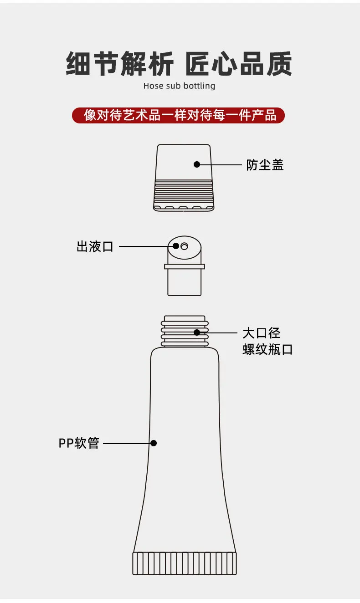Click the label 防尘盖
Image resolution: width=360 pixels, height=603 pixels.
coord(265,165)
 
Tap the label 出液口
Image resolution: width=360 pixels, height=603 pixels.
coord(95,246)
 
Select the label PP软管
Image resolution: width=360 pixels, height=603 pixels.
coord(79,443)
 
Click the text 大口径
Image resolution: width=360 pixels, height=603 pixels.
coord(262,333)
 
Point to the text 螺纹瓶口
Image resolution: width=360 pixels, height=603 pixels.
coord(267,349)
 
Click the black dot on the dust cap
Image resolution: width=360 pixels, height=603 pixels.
coord(197,164)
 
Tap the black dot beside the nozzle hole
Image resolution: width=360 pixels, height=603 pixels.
coord(176,246)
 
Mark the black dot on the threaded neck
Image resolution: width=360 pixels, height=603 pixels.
coord(197,332)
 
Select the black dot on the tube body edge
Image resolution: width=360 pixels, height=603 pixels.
coord(154,443)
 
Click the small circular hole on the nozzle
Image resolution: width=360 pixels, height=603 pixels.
coord(185,246)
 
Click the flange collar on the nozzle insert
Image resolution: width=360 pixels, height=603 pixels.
coord(185,266)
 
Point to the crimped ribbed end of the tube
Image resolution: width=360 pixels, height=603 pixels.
coord(185,563)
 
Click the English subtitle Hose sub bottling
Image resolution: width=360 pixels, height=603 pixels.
coord(180,86)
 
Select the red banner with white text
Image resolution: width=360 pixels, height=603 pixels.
coord(178,115)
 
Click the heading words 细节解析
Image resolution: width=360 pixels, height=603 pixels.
coord(119,64)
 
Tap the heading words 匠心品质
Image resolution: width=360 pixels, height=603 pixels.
coord(239,64)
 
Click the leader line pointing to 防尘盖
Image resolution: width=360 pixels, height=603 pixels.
coord(220,164)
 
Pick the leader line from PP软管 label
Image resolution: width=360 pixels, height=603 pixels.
coord(128,443)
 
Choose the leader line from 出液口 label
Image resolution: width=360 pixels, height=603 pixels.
coord(147,246)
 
